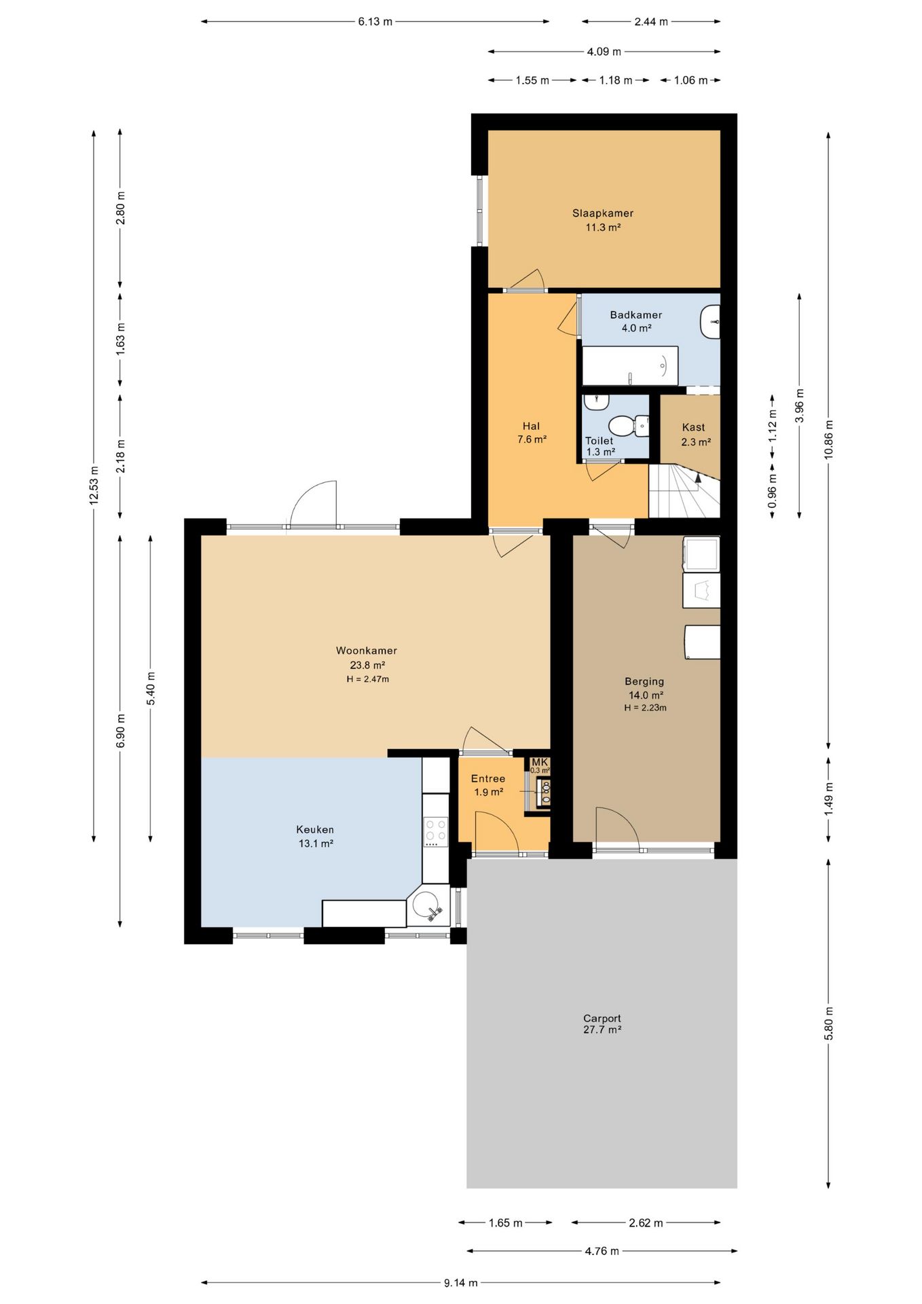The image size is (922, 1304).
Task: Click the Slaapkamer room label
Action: tap(603, 213)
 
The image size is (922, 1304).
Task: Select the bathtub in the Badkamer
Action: tap(630, 366)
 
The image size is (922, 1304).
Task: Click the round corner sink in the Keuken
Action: tap(428, 906)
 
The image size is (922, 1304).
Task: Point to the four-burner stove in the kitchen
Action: tap(436, 832)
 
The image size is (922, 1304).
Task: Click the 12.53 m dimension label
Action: tap(94, 484)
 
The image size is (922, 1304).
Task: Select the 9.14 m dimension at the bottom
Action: tap(461, 1283)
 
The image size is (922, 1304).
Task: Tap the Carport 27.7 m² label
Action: tap(602, 1024)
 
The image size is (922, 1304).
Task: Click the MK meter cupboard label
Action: tap(540, 762)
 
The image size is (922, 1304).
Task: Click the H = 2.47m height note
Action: tap(368, 679)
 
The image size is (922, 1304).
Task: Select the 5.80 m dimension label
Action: tap(828, 1023)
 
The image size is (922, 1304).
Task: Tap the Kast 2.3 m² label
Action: tap(695, 435)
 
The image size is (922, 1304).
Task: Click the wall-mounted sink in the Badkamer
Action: tap(710, 321)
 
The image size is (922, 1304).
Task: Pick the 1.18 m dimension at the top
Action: tap(615, 80)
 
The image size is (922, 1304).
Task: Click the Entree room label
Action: tap(488, 779)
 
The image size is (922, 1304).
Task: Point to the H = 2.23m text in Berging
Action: tap(646, 708)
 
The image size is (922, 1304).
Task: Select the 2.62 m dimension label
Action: tap(646, 1222)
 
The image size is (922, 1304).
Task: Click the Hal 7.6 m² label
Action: tap(532, 433)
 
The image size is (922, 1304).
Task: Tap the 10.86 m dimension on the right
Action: tap(828, 439)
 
